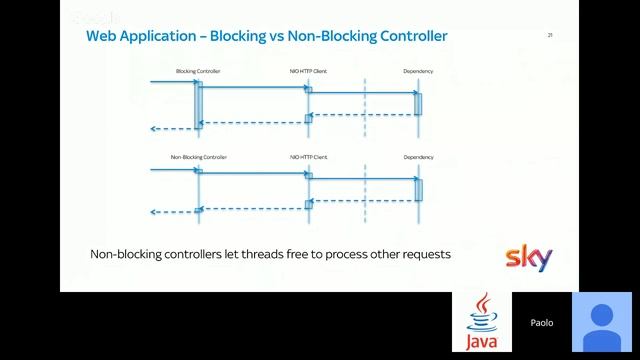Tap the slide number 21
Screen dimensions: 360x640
[549, 35]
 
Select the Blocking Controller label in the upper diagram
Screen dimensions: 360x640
[198, 72]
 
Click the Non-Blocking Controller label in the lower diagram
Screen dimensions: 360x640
[198, 157]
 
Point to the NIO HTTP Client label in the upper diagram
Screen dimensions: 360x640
[308, 72]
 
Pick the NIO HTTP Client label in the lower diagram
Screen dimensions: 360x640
[308, 157]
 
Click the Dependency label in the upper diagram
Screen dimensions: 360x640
[418, 72]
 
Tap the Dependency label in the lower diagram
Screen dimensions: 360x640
[418, 157]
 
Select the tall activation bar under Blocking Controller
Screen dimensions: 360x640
[199, 104]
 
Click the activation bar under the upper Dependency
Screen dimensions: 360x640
[418, 104]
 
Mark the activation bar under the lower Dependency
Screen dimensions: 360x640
[418, 189]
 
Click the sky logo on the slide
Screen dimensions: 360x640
[527, 258]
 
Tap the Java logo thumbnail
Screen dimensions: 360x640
[482, 322]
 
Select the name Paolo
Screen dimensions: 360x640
[541, 323]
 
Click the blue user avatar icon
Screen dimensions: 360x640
[602, 322]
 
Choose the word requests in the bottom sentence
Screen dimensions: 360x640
[421, 255]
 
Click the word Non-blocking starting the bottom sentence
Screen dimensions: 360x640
[127, 254]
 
